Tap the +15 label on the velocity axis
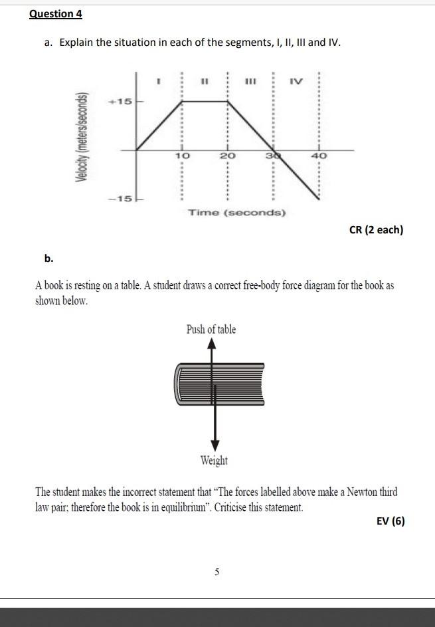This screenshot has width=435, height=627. coord(122,102)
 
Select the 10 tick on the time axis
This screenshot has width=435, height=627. coord(182,155)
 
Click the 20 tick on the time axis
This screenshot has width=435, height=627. coord(228,155)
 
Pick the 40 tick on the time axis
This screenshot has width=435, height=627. coord(319,155)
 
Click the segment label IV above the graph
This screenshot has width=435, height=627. coord(296,82)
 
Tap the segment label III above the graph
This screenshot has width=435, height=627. coord(250,82)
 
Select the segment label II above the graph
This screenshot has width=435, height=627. coord(205,82)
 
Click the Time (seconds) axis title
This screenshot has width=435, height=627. coord(237,213)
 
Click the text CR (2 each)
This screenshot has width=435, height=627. coord(376,230)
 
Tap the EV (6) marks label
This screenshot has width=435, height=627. coord(391,521)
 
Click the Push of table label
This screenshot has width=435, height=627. coord(211,330)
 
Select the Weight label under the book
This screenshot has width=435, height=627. coord(214,461)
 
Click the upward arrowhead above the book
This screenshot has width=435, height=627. coord(211,344)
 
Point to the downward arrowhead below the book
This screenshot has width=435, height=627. coord(214,445)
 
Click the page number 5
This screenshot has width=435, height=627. coord(217,571)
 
